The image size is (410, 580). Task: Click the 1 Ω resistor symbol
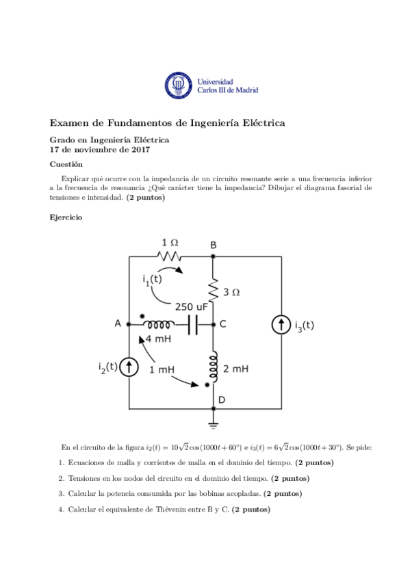pos(169,256)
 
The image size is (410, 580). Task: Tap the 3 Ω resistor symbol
pos(213,288)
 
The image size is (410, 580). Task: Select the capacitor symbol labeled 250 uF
pos(192,324)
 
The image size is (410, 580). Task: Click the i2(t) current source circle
pos(129,368)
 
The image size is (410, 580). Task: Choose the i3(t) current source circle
pos(282,326)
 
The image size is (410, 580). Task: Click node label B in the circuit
pos(213,245)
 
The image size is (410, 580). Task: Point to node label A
pos(118,324)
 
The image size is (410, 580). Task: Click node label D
pos(221,399)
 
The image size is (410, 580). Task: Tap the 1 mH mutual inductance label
pos(162,369)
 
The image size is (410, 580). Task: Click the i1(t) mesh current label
pos(152,278)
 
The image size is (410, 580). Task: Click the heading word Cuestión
pos(66,164)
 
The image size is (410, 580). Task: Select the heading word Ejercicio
pos(67,217)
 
